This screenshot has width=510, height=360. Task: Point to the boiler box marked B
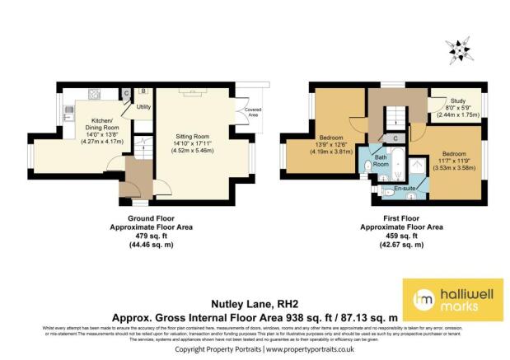(x=143, y=91)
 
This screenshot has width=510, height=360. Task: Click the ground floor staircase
(x=142, y=147)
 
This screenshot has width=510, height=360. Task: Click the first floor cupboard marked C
(x=396, y=138)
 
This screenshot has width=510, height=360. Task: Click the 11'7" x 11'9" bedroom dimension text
(x=450, y=165)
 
